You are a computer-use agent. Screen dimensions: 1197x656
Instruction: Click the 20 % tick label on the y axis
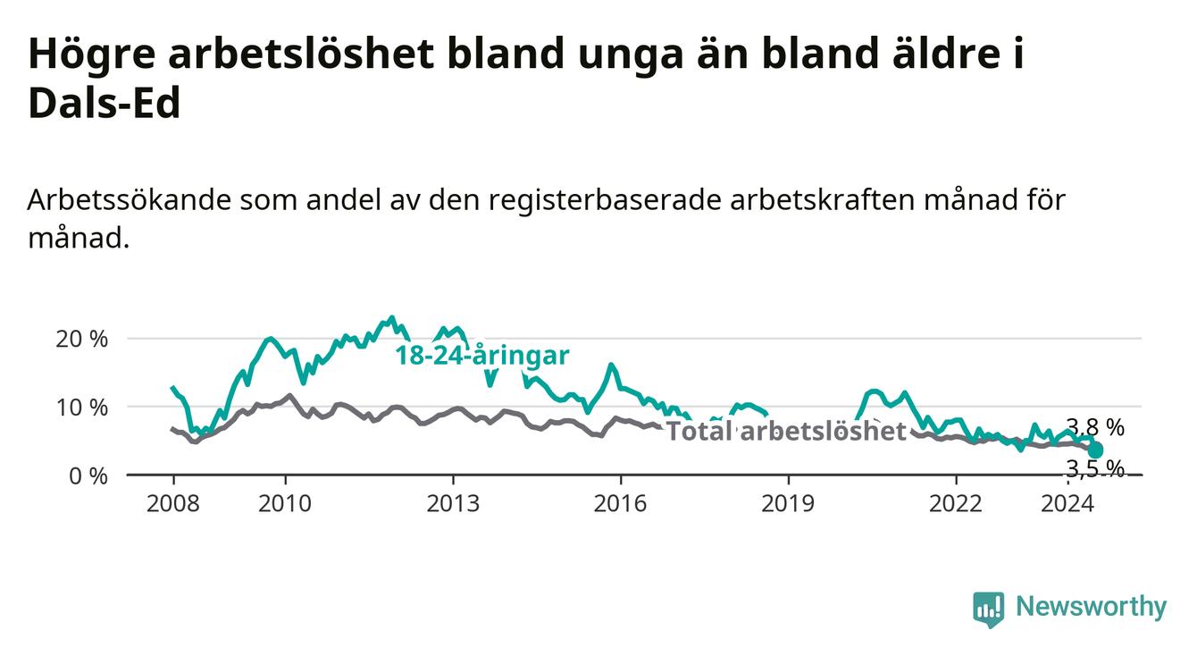[x=81, y=339]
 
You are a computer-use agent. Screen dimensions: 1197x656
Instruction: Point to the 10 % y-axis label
[x=81, y=408]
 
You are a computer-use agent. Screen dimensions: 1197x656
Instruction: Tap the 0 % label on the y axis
[x=88, y=475]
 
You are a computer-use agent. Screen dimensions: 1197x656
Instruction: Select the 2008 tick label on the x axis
[x=172, y=504]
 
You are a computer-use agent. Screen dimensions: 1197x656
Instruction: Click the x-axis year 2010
[x=285, y=504]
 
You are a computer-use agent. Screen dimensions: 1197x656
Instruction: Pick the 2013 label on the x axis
[x=453, y=504]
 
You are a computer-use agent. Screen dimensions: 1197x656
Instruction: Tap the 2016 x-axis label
[x=621, y=504]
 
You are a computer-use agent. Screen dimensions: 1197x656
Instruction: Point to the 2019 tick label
[x=788, y=504]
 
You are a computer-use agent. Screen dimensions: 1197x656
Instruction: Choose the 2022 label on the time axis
[x=956, y=504]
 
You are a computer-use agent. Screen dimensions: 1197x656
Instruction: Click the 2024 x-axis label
[x=1067, y=504]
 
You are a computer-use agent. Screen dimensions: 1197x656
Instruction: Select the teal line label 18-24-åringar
[x=482, y=356]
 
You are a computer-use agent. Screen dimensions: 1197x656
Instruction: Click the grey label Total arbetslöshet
[x=787, y=431]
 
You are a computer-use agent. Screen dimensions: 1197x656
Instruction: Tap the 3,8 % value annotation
[x=1095, y=427]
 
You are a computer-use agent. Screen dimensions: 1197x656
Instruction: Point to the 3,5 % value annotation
[x=1095, y=469]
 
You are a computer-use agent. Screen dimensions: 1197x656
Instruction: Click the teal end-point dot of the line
[x=1095, y=450]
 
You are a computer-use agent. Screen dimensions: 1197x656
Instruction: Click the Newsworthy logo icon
[x=989, y=609]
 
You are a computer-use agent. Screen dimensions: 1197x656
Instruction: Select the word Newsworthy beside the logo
[x=1092, y=607]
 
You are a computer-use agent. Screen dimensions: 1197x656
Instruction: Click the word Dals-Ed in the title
[x=105, y=103]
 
